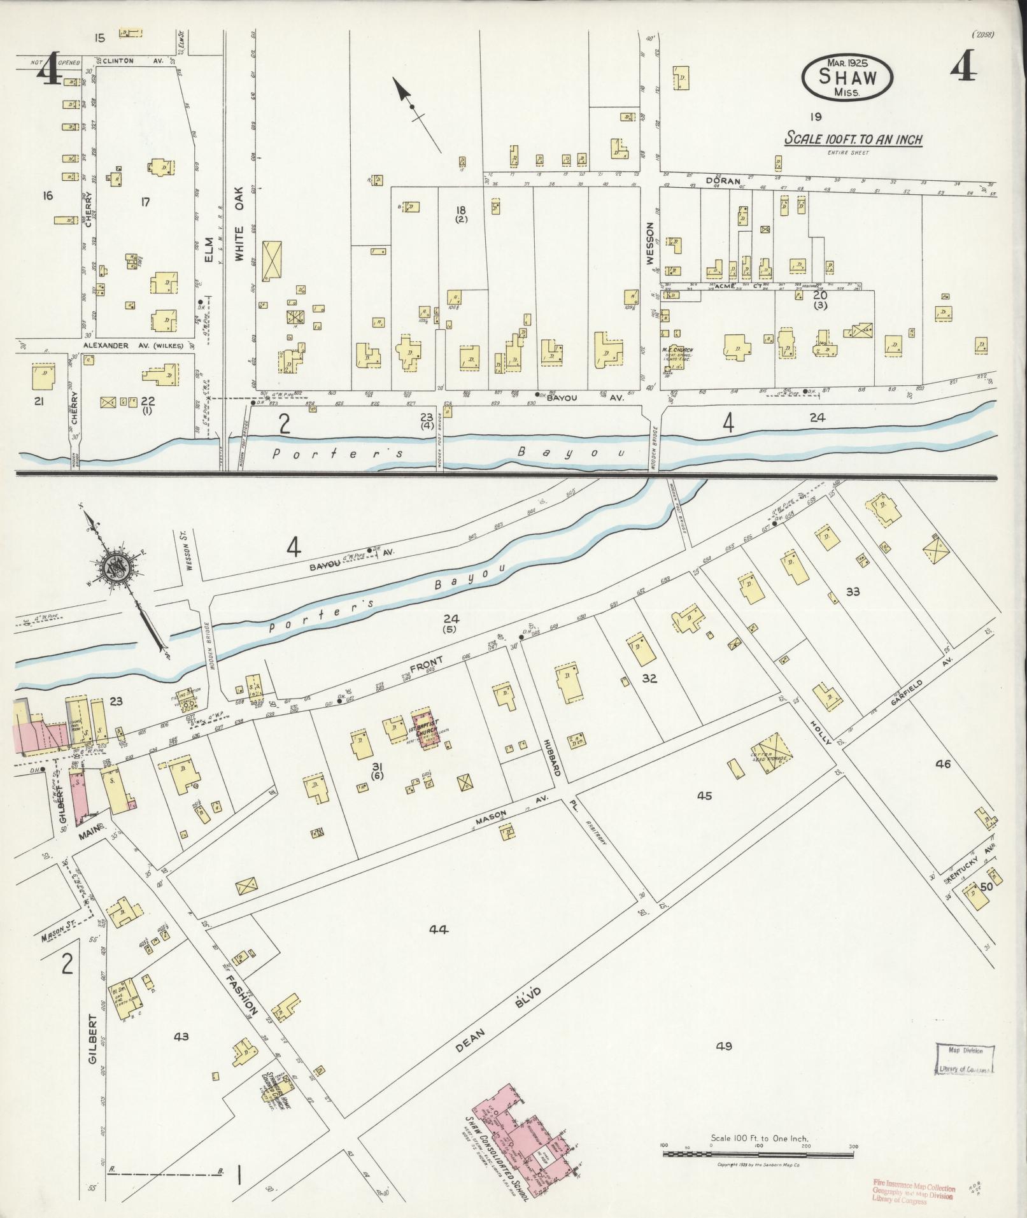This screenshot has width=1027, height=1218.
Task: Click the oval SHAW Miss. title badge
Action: (847, 77)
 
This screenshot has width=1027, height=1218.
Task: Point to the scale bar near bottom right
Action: (758, 1152)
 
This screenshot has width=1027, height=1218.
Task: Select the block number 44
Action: (439, 930)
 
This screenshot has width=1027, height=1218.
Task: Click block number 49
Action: (724, 1045)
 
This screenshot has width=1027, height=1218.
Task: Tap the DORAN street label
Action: (722, 180)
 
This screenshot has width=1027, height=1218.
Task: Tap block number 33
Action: (852, 591)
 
